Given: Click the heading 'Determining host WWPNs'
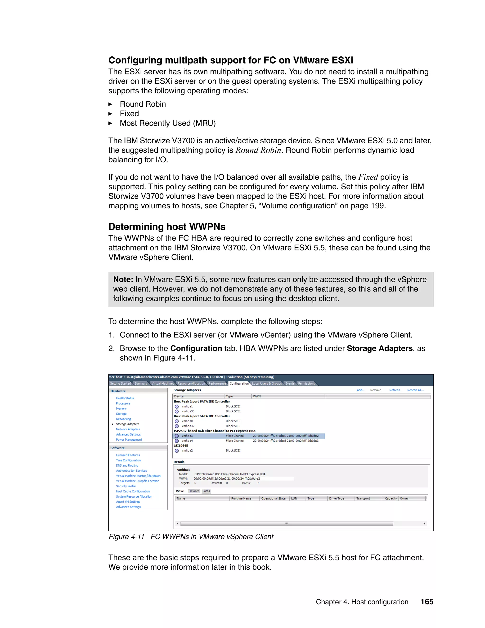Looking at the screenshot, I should tap(167, 227).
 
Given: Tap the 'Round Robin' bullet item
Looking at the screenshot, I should tap(143, 104).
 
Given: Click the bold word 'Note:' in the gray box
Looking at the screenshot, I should tap(123, 279).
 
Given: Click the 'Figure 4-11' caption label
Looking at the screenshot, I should tap(126, 537).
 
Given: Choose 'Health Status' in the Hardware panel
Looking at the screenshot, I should tap(125, 398).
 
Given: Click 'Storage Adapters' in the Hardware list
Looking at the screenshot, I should tap(128, 424).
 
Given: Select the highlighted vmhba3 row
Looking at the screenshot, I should tap(248, 436).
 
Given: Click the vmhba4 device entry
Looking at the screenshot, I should tap(187, 441).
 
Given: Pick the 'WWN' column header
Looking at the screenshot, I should tap(257, 396).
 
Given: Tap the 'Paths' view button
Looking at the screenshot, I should tap(206, 491).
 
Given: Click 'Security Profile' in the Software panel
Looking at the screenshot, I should tap(126, 486).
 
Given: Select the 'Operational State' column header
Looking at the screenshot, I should tap(273, 498).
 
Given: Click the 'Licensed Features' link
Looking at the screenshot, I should tap(128, 455).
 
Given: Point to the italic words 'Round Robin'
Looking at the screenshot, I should tap(258, 150).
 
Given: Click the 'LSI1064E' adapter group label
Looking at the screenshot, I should tap(181, 446).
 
